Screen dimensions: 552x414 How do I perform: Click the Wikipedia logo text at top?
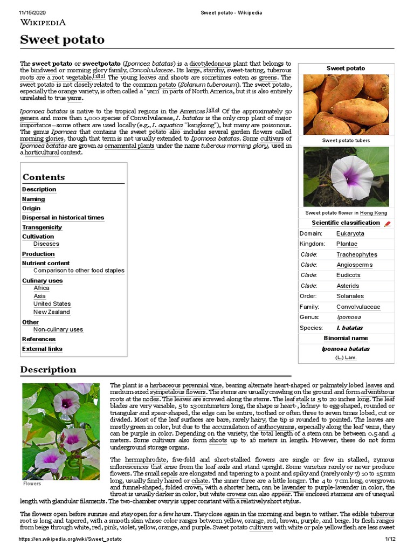pos(43,22)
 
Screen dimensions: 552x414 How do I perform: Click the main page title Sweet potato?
pos(62,40)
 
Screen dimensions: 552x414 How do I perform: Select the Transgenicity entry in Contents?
pos(42,227)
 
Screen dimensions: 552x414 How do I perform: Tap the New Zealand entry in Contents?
pos(52,312)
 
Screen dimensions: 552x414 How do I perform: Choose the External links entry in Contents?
pos(42,349)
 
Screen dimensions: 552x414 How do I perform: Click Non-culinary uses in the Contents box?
pos(58,329)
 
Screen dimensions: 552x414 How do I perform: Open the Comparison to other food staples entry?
pos(79,271)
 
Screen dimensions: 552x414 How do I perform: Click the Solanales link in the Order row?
pos(350,296)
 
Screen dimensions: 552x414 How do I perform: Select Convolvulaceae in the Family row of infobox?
pos(358,307)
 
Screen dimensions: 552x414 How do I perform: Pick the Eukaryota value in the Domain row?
pos(350,233)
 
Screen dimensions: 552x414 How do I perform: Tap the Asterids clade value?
pos(348,286)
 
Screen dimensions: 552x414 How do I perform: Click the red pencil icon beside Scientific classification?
pos(387,223)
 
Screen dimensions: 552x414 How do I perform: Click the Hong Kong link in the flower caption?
pos(373,213)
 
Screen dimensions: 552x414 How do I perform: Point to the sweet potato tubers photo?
pos(346,105)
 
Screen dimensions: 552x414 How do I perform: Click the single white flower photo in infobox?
pos(346,177)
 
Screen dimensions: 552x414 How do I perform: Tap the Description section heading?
pos(49,369)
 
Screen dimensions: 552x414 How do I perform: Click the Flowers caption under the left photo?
pos(32,484)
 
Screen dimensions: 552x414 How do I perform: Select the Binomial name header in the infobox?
pos(346,338)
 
